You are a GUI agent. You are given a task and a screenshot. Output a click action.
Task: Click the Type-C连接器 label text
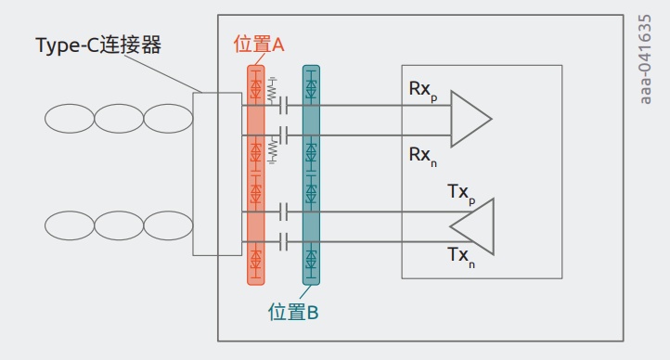(98, 45)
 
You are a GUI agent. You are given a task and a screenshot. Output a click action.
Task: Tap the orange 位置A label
(259, 44)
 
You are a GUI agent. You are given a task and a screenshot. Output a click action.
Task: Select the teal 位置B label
(293, 312)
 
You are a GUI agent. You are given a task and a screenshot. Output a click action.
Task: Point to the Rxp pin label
(423, 91)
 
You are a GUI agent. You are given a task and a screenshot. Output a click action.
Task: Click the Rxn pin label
(423, 156)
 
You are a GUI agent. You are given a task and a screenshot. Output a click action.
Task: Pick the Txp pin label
(461, 194)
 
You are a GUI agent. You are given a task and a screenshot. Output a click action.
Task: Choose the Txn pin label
(461, 257)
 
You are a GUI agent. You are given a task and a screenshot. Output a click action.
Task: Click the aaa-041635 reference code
(645, 59)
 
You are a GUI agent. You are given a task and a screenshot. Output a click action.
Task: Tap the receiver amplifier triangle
(471, 119)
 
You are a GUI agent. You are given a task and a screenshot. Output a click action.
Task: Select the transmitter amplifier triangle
(472, 226)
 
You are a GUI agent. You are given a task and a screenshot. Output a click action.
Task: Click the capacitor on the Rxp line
(283, 105)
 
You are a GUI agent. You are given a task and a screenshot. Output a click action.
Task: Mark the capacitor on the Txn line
(283, 242)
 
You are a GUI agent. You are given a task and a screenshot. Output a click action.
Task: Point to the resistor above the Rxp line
(272, 91)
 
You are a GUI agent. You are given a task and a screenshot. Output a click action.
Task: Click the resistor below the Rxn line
(272, 150)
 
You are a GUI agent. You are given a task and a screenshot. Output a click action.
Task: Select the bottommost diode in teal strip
(311, 259)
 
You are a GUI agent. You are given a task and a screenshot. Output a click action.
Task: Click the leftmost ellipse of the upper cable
(70, 118)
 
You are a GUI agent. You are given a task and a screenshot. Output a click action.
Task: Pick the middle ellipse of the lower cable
(119, 225)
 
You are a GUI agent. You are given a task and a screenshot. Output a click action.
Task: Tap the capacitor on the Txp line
(283, 212)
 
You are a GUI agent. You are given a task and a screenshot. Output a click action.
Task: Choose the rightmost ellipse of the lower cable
(168, 225)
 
